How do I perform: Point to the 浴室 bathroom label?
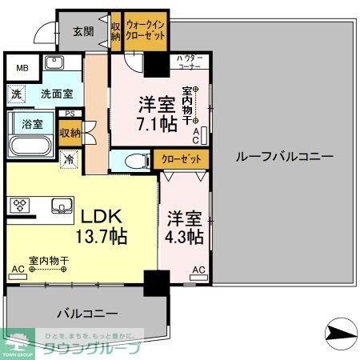pos(32,124)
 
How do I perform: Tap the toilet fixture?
pos(131,160)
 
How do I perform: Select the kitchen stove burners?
pos(19,205)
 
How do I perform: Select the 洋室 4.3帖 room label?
pos(185,227)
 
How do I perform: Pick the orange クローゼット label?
pos(181,158)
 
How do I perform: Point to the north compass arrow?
pos(341,330)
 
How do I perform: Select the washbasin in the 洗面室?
pos(54,63)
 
